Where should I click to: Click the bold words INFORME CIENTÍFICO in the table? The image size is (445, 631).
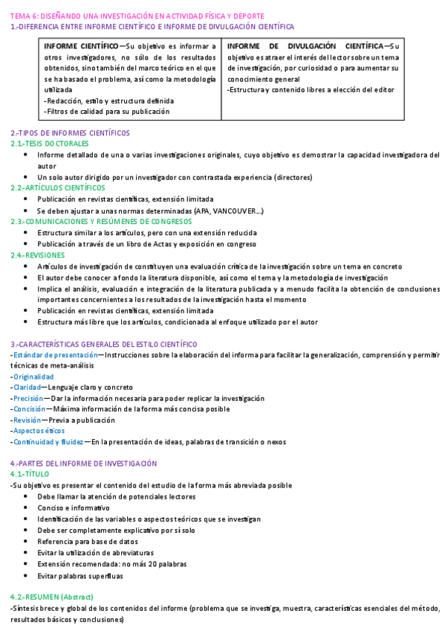[x=81, y=46]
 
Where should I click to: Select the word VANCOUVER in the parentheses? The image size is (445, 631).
[x=236, y=211]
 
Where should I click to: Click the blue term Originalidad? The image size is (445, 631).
[x=33, y=377]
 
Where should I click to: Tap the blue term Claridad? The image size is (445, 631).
[x=26, y=388]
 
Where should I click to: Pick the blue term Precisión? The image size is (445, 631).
[x=28, y=398]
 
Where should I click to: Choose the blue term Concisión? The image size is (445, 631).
[x=29, y=409]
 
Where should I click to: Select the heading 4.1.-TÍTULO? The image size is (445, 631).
[x=30, y=474]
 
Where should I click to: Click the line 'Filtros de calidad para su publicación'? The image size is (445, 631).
[x=107, y=112]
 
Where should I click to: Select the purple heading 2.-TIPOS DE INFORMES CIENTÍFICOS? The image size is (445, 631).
[x=70, y=132]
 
